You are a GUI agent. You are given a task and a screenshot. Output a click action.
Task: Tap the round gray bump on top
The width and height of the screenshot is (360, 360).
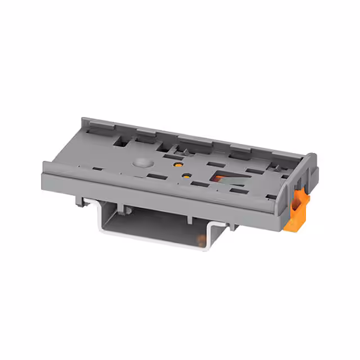(x=142, y=164)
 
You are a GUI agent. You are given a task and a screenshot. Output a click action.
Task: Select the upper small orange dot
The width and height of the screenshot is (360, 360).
(x=177, y=165)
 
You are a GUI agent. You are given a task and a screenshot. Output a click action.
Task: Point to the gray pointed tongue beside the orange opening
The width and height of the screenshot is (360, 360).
(x=234, y=181)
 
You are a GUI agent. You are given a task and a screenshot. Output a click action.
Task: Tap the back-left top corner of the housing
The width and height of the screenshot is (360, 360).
(x=84, y=120)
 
